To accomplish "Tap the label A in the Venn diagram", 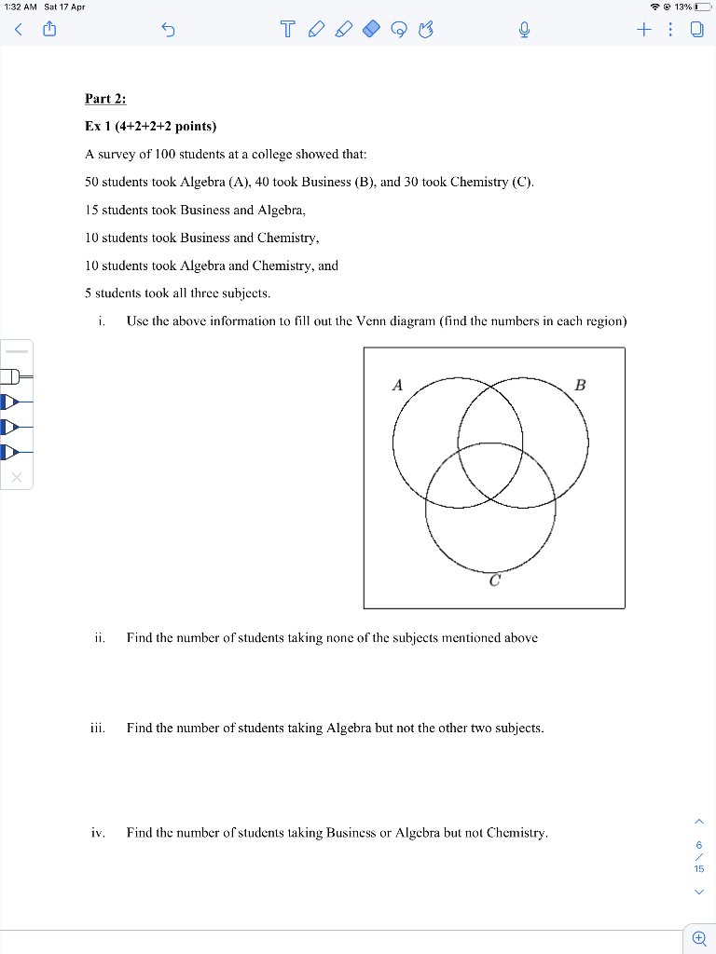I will click(x=397, y=384).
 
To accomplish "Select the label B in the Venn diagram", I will click(x=581, y=384).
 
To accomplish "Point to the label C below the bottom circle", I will click(x=494, y=580).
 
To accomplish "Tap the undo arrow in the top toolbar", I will click(x=169, y=32).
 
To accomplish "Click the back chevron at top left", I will click(x=18, y=32).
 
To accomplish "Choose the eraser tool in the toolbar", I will click(x=370, y=31).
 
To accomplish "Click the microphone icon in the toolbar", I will click(x=525, y=32).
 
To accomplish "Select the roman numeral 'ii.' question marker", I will click(x=100, y=638).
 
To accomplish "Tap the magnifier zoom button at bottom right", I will click(x=698, y=937).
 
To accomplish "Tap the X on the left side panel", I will click(x=17, y=478).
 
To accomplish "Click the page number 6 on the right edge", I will click(x=698, y=845).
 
